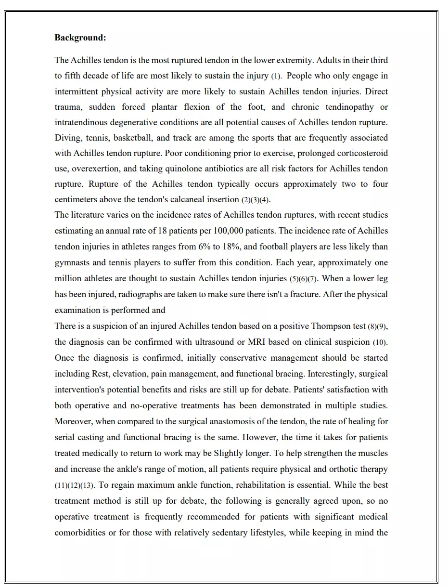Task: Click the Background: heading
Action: [x=80, y=38]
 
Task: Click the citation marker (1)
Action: [x=276, y=76]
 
